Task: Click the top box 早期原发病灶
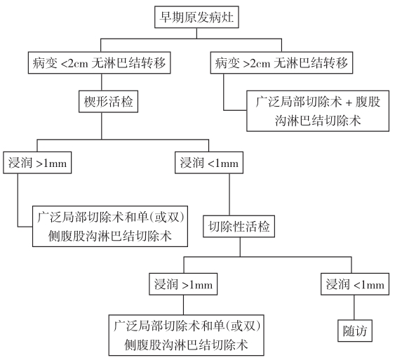tap(196, 17)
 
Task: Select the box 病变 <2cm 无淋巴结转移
tap(99, 62)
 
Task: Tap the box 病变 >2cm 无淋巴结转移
tap(281, 62)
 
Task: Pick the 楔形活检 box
tap(108, 102)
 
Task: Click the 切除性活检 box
tap(239, 226)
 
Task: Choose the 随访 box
tap(355, 331)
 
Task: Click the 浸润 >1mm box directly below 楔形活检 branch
tap(37, 163)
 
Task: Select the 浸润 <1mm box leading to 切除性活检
tap(209, 163)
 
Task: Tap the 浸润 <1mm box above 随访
tap(355, 284)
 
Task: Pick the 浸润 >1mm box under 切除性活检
tap(183, 284)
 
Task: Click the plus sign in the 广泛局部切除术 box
tap(349, 102)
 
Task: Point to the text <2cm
tap(75, 63)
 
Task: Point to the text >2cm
tap(257, 63)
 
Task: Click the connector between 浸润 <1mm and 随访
tap(354, 307)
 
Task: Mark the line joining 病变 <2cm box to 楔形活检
tap(102, 82)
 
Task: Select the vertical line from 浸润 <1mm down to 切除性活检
tap(229, 194)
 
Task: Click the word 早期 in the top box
tap(172, 17)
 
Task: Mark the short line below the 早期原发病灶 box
tap(196, 33)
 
